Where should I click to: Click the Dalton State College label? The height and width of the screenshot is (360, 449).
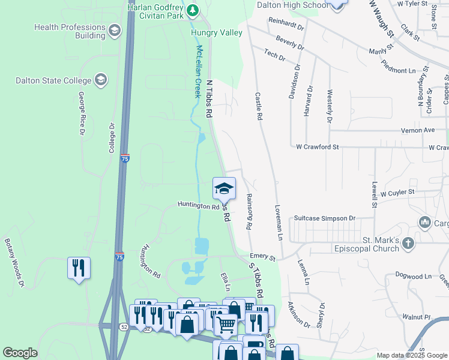coord(53,80)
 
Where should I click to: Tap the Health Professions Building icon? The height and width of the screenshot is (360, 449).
coord(113,31)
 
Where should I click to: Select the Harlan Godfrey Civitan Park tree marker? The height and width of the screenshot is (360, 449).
coord(192,10)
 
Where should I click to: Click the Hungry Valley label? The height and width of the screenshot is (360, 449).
coord(217,32)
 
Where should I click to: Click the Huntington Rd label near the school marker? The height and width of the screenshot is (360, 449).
coord(199,206)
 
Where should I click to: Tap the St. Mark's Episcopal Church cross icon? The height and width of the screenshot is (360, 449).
coord(408,243)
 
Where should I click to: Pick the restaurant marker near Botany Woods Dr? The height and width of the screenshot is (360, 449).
coord(79,268)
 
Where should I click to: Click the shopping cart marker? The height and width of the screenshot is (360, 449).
coord(226,325)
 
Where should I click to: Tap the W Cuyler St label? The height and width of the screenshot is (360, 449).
coord(393,192)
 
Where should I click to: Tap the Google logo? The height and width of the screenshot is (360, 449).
coord(20,353)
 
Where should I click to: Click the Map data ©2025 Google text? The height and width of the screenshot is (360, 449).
coord(412,355)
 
